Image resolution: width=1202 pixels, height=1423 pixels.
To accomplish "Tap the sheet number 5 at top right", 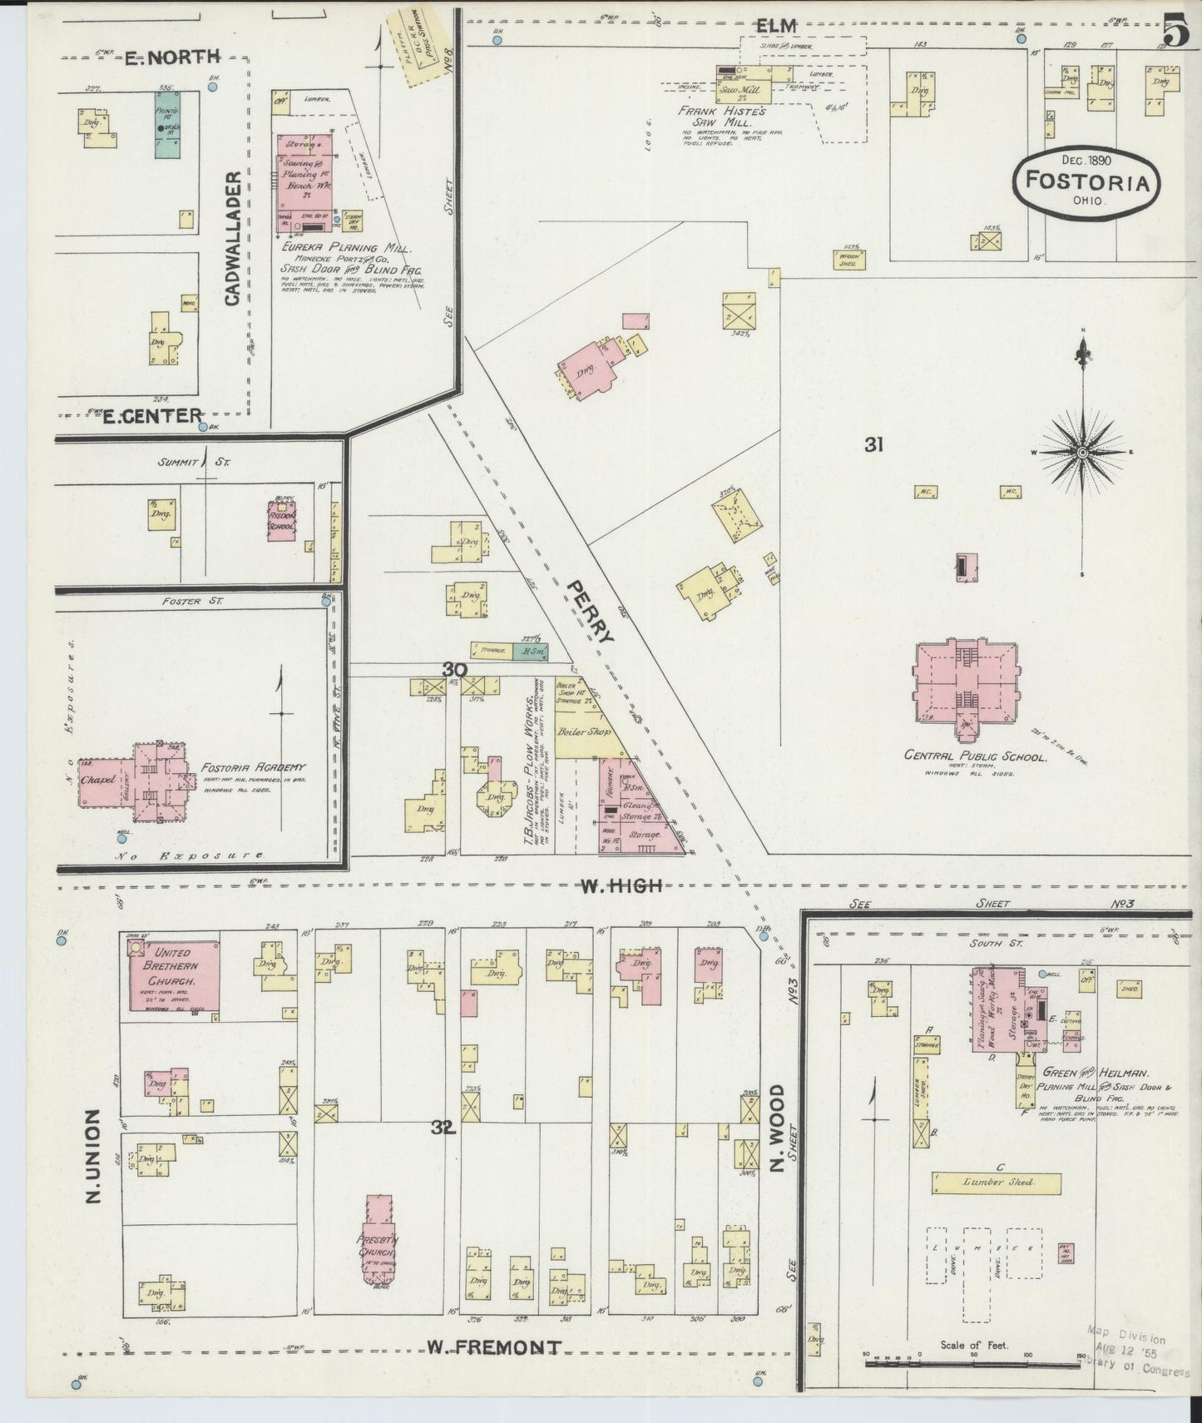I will point(1175,34).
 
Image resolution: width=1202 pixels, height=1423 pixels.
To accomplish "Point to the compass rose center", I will point(1082,452).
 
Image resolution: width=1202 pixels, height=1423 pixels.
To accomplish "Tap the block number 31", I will point(873,445).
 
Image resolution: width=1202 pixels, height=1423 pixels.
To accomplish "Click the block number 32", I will point(442,1128).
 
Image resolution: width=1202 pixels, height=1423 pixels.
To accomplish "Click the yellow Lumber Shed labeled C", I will point(997,1183).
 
